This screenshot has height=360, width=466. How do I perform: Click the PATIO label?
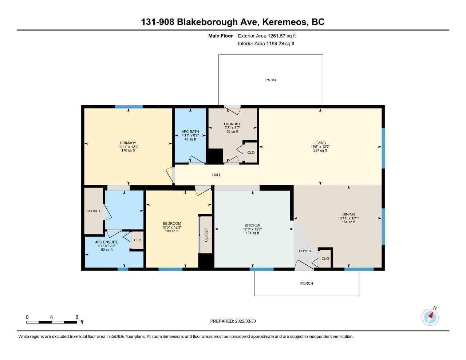point(270,80)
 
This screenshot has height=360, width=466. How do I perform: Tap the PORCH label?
point(307,284)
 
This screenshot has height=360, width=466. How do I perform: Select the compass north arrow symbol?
point(430,317)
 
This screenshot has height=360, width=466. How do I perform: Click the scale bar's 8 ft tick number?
point(76,317)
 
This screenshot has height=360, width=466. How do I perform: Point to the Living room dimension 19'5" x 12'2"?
point(320,147)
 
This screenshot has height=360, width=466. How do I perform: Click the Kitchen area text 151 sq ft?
point(252,233)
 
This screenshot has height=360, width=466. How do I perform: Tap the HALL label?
point(216,175)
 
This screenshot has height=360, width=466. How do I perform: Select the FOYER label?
point(305,251)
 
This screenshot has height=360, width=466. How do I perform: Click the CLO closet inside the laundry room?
point(251,153)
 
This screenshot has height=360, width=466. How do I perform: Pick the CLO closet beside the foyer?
point(325,258)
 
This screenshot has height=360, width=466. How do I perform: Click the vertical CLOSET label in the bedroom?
point(206,235)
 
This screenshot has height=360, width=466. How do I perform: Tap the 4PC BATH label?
point(190,132)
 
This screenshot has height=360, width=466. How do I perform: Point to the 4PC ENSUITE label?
point(107,242)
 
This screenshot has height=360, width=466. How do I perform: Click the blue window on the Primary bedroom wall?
point(129,107)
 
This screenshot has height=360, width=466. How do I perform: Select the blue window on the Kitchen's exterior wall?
point(262,269)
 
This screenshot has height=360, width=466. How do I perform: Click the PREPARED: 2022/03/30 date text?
point(233,321)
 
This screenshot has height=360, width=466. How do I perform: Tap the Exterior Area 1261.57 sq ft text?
point(267,36)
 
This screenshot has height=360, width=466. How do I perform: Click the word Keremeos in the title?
point(284,22)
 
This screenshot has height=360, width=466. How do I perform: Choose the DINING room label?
point(348,214)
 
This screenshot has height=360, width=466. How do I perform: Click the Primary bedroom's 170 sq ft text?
point(128,151)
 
